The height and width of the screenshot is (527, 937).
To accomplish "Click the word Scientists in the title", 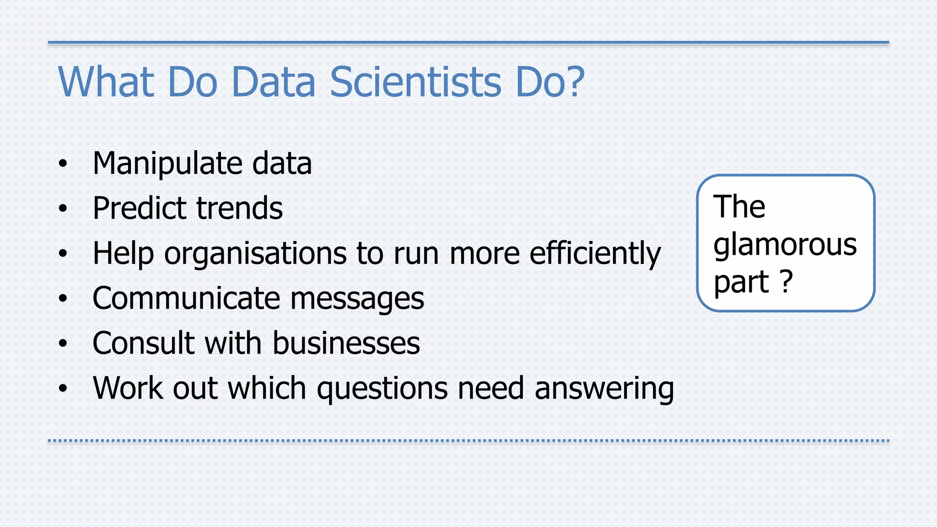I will coord(415,82).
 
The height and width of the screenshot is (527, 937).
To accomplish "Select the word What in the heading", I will coord(106,82).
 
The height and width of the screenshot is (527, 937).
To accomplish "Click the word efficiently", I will coord(595,253).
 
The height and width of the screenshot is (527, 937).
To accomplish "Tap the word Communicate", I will coord(186,299).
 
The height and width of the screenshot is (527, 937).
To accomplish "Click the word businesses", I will coord(346,343).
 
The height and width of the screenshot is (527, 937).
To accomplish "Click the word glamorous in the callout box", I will coord(785,245).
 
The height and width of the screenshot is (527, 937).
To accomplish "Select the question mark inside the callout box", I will coord(786,281).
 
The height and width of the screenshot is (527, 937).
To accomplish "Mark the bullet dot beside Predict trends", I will coord(63,209).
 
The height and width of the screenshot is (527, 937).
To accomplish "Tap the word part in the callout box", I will coord(741,283).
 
